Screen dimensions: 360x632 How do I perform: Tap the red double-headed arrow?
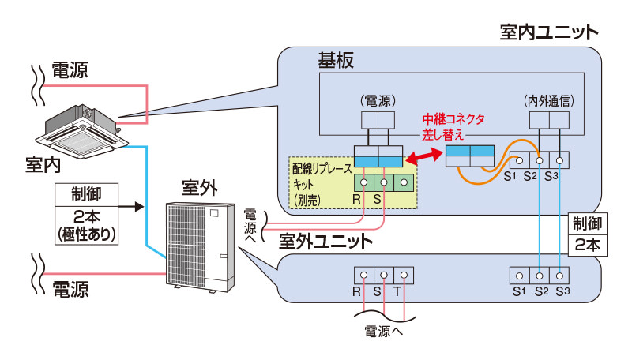point(423,155)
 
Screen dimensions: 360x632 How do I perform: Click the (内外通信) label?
point(548,101)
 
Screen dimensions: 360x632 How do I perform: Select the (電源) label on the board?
point(378,101)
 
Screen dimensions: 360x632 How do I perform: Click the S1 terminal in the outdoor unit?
point(519,276)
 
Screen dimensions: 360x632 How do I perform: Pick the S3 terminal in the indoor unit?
point(559,157)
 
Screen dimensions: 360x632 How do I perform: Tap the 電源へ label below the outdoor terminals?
point(382,331)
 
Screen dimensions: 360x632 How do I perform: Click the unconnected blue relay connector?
point(469,155)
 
